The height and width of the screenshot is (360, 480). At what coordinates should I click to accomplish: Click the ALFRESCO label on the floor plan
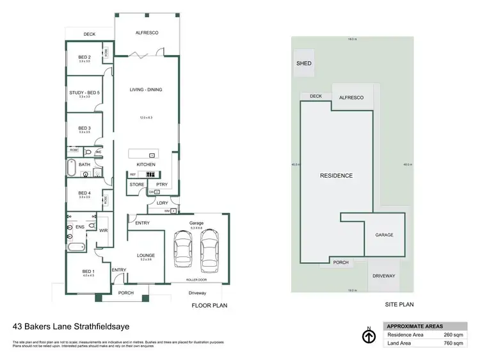click(x=147, y=33)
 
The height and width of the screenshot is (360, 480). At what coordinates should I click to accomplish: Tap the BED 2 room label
click(x=84, y=57)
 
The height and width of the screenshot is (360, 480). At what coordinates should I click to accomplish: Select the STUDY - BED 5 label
click(x=84, y=93)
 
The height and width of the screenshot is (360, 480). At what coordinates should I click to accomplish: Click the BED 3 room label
click(x=84, y=128)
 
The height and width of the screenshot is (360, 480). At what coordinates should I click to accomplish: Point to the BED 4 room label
click(x=84, y=193)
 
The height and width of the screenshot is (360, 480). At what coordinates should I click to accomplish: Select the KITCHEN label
click(x=146, y=165)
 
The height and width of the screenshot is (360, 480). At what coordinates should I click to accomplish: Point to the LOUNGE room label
click(x=146, y=255)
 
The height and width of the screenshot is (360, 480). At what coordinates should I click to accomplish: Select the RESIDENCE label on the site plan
click(x=336, y=175)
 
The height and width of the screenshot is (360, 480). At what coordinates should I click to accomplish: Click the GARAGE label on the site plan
click(x=384, y=235)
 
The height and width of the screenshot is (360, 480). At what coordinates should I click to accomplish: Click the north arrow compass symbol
click(x=369, y=336)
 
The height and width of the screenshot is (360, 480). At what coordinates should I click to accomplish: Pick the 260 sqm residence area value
click(x=452, y=334)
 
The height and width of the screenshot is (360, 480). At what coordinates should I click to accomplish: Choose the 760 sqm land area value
click(x=452, y=343)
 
